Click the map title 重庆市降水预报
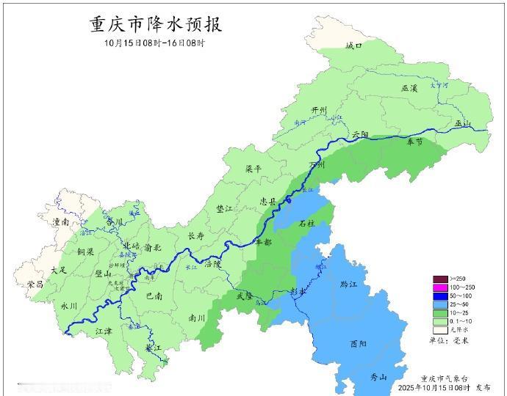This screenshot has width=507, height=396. tap(155, 24)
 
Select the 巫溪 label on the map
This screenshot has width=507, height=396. tap(409, 88)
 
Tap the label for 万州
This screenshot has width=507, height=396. tap(317, 166)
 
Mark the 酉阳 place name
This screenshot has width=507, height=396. tap(359, 343)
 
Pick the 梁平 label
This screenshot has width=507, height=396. tap(253, 169)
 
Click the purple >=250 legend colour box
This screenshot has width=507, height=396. tap(439, 279)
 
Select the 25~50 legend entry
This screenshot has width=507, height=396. tap(449, 304)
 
